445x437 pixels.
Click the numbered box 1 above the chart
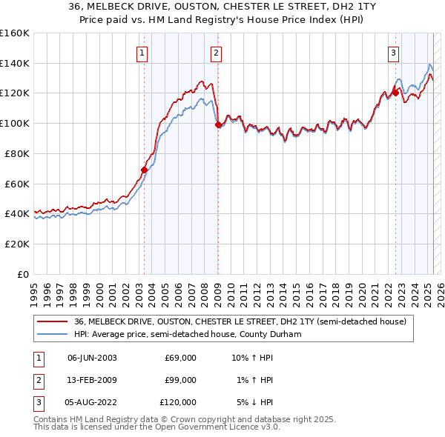[x=141, y=53]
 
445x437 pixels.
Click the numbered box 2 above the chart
[x=215, y=53]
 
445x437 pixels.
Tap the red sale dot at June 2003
[x=145, y=170]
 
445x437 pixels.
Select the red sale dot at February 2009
[x=218, y=125]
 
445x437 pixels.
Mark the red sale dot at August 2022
[x=395, y=93]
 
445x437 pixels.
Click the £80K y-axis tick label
[x=17, y=153]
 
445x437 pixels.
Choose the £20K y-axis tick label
[x=17, y=244]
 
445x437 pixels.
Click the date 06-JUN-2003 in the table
[x=92, y=358]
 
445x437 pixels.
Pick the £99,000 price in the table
[x=180, y=380]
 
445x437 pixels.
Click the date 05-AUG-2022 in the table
[x=92, y=402]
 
